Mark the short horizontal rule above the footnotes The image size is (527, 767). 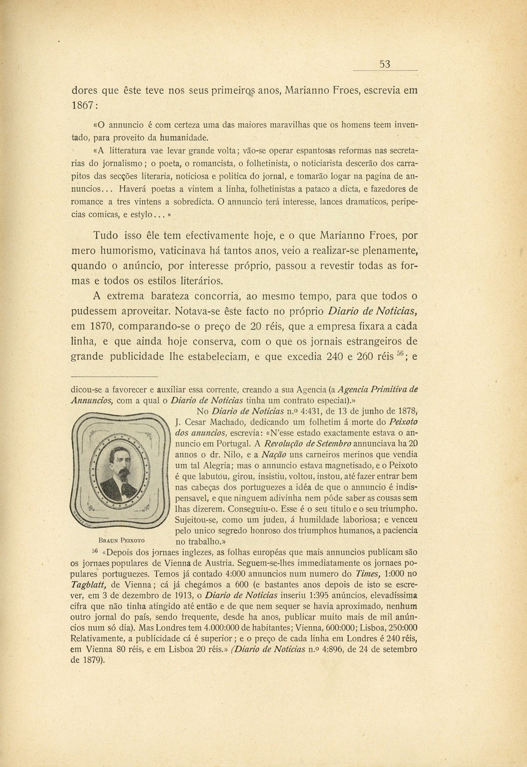coord(114,378)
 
